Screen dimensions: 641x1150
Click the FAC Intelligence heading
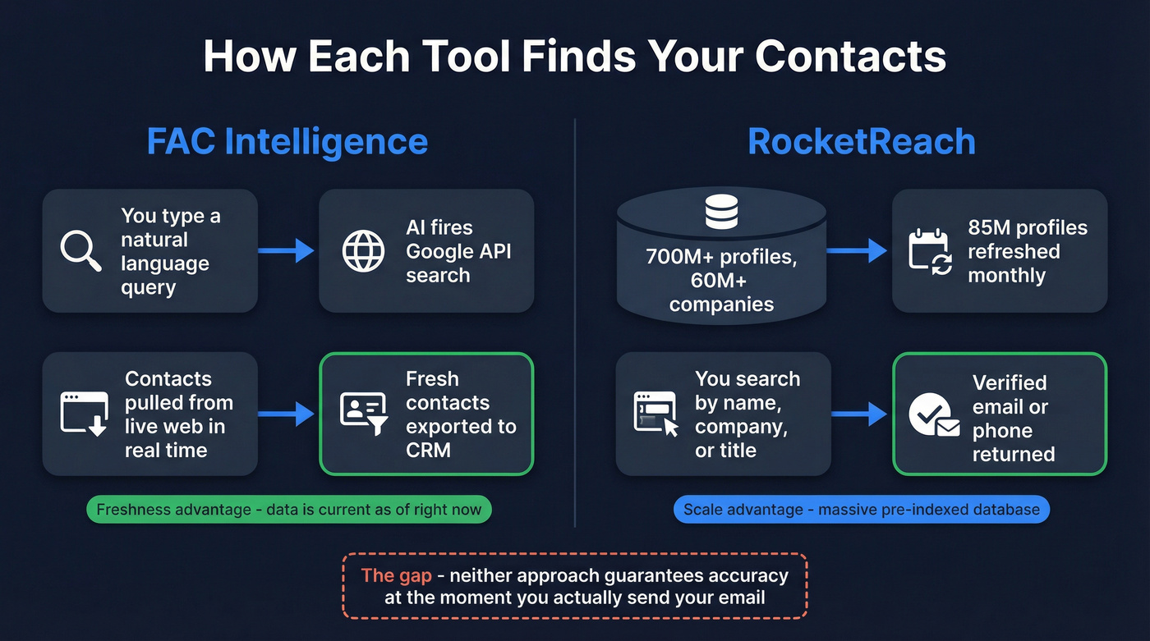(287, 141)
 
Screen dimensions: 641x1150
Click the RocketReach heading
(862, 141)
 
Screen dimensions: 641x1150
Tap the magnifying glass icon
(80, 250)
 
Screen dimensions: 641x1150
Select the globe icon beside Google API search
(363, 250)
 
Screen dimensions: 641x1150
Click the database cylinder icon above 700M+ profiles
(721, 213)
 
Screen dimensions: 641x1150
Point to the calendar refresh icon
(930, 250)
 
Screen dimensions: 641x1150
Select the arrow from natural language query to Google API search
(287, 250)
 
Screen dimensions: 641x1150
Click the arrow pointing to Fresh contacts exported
(287, 414)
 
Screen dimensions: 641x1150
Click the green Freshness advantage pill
(289, 510)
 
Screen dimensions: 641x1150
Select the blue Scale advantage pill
(862, 510)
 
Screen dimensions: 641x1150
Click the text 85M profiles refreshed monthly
(1027, 251)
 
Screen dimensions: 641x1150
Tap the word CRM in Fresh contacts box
(428, 450)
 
